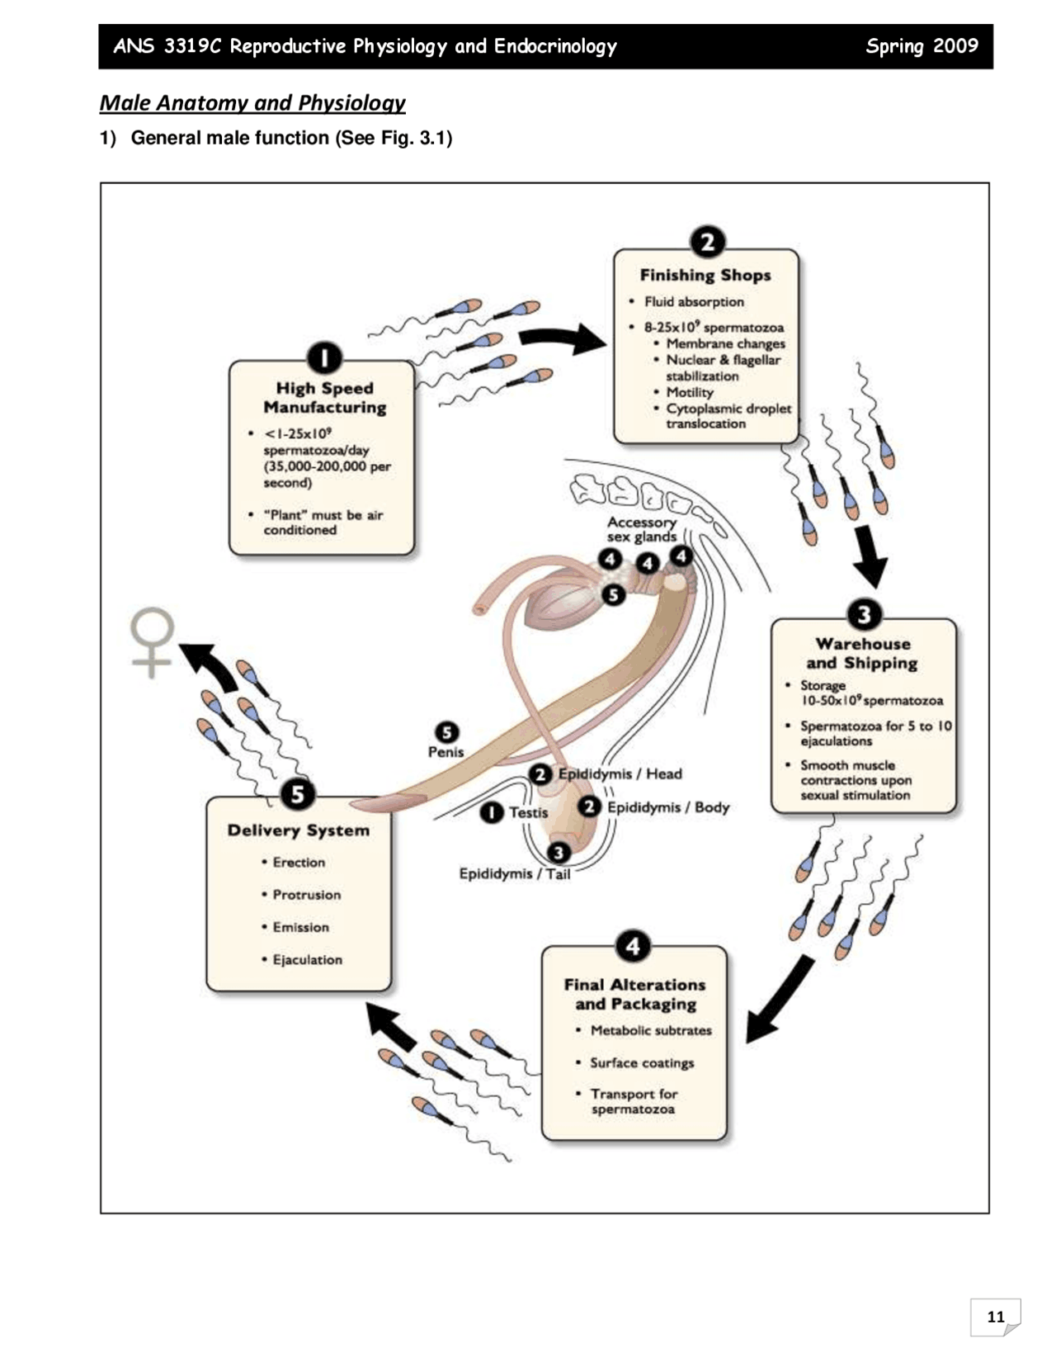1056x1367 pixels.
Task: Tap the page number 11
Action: tap(996, 1317)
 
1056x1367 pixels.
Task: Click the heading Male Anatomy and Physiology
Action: tap(252, 102)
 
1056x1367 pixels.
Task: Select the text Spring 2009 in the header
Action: tap(922, 46)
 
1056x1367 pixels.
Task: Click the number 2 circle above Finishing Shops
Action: tap(707, 243)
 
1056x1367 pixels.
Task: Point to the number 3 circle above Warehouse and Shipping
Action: tap(865, 614)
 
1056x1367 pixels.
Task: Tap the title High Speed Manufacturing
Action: tap(325, 398)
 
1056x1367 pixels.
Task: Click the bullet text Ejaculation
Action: tap(308, 959)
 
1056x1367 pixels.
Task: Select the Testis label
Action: tap(529, 812)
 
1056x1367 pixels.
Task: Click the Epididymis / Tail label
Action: tap(515, 874)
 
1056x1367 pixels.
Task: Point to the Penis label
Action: tap(445, 752)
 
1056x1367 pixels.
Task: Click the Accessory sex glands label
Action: tap(642, 530)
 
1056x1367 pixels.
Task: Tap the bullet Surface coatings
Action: tap(642, 1062)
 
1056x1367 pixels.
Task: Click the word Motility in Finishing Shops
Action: tap(690, 392)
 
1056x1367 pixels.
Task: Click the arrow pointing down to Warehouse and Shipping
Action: tap(871, 556)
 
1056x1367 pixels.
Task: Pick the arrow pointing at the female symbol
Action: tap(208, 665)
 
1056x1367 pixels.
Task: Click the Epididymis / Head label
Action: tap(620, 773)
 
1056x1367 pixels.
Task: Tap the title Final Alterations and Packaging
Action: tap(635, 994)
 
